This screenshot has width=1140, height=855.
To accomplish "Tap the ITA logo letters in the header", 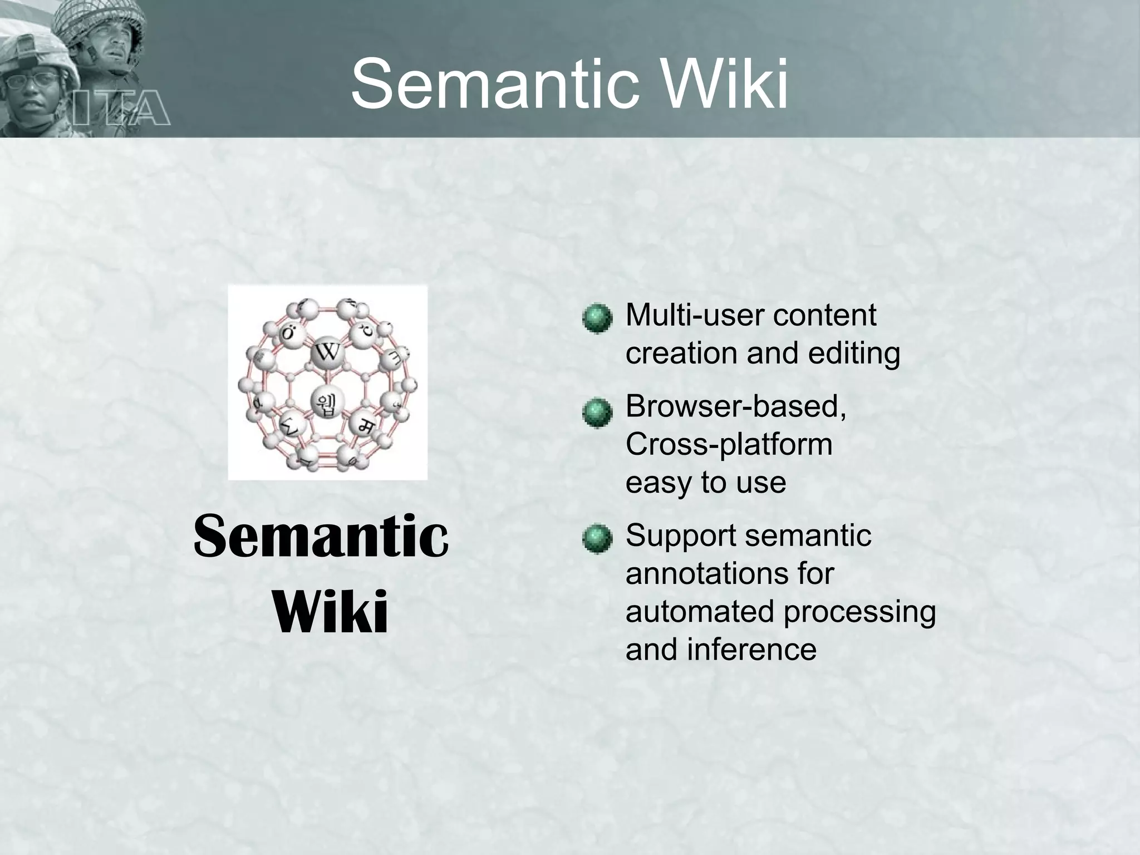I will (x=120, y=109).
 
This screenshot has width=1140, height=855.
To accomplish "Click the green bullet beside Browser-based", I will (x=597, y=412).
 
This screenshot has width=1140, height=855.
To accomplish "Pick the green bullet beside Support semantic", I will (x=597, y=538).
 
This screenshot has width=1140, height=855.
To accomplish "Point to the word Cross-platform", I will (x=729, y=444).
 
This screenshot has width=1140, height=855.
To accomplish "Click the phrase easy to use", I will (x=706, y=482).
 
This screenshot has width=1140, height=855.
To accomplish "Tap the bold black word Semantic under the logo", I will (x=321, y=537).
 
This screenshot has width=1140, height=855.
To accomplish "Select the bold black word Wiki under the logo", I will (x=331, y=612).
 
